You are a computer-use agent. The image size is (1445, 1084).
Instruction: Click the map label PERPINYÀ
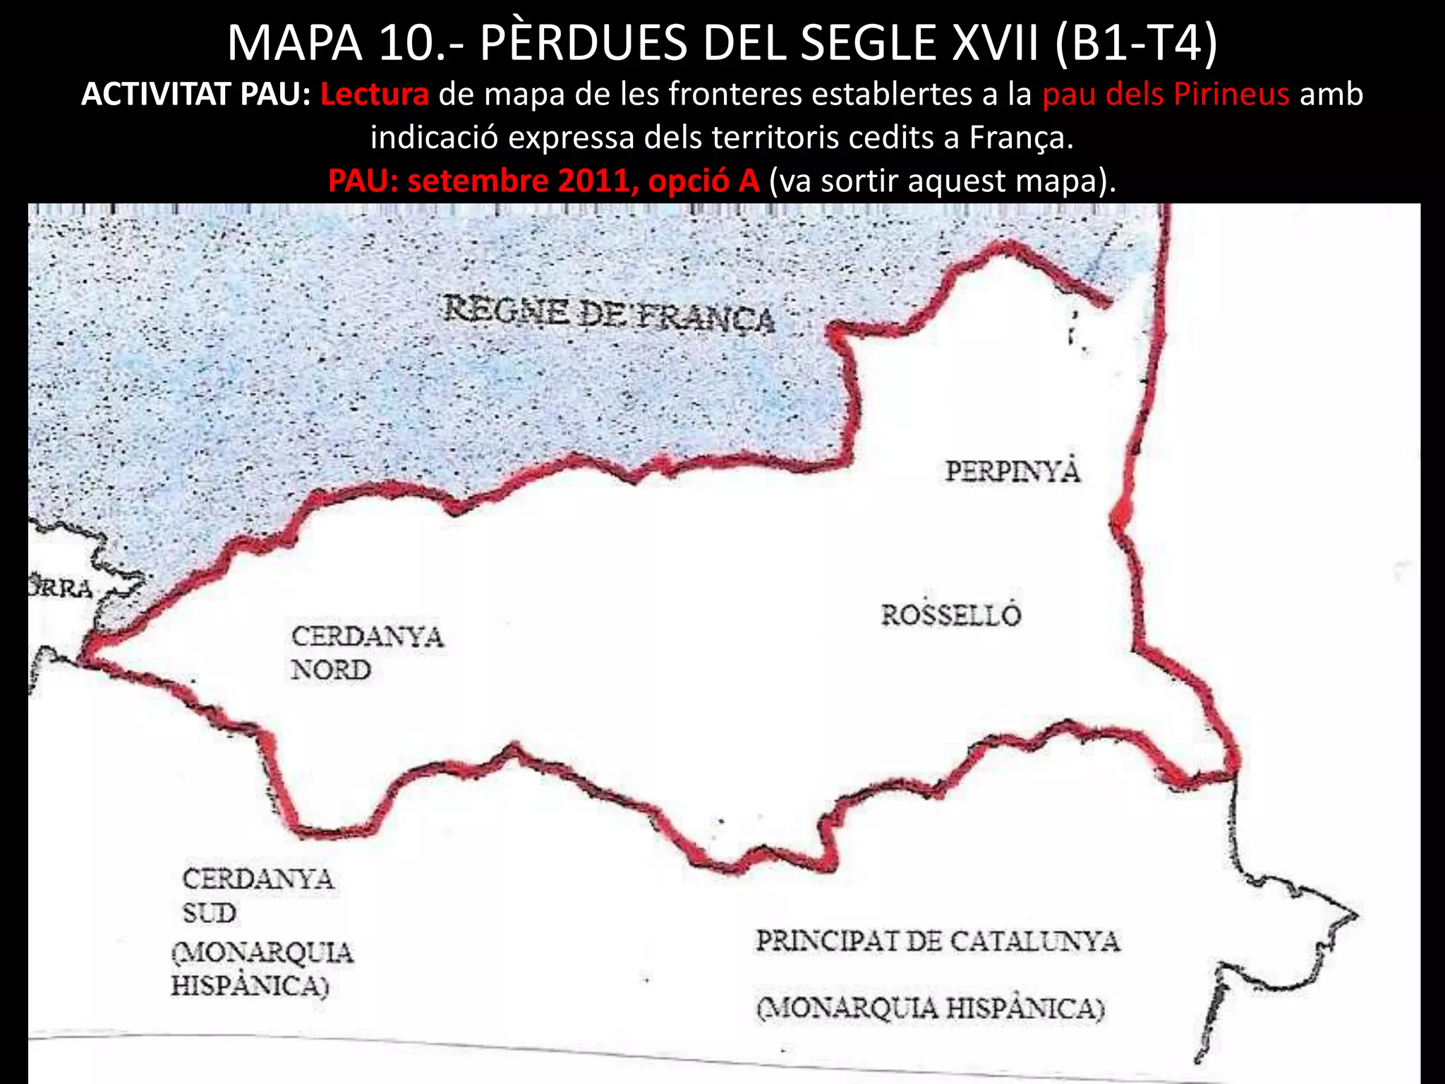point(1012,471)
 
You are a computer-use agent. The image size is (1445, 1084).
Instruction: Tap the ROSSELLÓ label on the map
point(950,615)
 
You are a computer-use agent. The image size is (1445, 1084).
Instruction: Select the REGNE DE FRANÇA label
point(609,315)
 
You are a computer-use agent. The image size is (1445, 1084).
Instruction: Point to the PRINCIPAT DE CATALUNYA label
point(938,941)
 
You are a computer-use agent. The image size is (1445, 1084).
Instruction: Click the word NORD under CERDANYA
point(330,670)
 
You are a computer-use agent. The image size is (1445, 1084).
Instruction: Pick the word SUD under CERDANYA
point(210,913)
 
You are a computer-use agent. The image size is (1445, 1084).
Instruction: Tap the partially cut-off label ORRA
point(61,588)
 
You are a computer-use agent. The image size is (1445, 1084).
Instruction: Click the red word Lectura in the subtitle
point(374,94)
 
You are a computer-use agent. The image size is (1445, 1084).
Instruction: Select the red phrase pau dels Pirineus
point(1166,94)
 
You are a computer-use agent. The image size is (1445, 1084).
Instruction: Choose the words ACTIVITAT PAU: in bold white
point(196,94)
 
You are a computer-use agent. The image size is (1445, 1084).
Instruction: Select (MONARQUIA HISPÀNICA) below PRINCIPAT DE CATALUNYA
point(930,1008)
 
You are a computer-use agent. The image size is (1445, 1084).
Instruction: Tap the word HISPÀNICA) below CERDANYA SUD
point(250,986)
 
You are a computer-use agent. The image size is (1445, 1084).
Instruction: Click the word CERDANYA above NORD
point(367,637)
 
